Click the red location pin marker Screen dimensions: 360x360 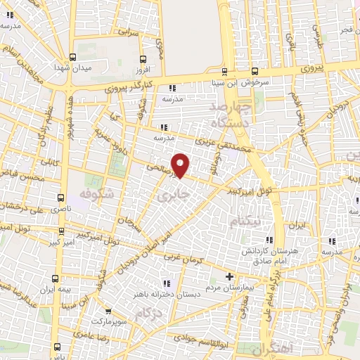pos(181,165)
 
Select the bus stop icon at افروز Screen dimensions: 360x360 pos(143,59)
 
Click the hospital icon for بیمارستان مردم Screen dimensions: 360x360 pos(228,276)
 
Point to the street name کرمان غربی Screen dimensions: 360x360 pos(181,257)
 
